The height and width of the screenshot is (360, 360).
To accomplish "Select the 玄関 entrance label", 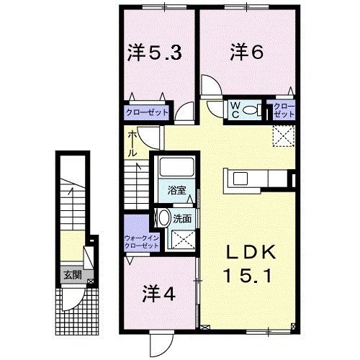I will [x=70, y=274].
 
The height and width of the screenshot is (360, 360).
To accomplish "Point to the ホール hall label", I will [x=133, y=144].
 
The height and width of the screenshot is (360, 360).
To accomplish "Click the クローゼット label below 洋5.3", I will [x=148, y=112].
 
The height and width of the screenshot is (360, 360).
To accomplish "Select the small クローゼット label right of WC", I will [x=283, y=110].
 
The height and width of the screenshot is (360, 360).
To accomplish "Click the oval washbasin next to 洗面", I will [x=164, y=218].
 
